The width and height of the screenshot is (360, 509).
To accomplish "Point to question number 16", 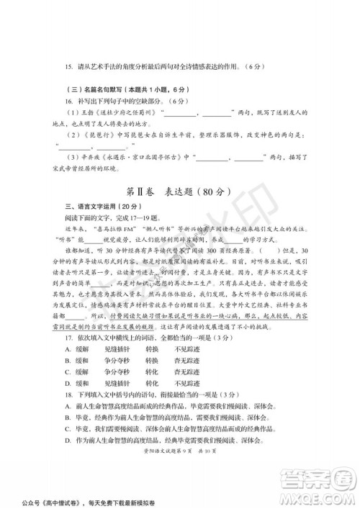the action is tap(68, 102).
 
